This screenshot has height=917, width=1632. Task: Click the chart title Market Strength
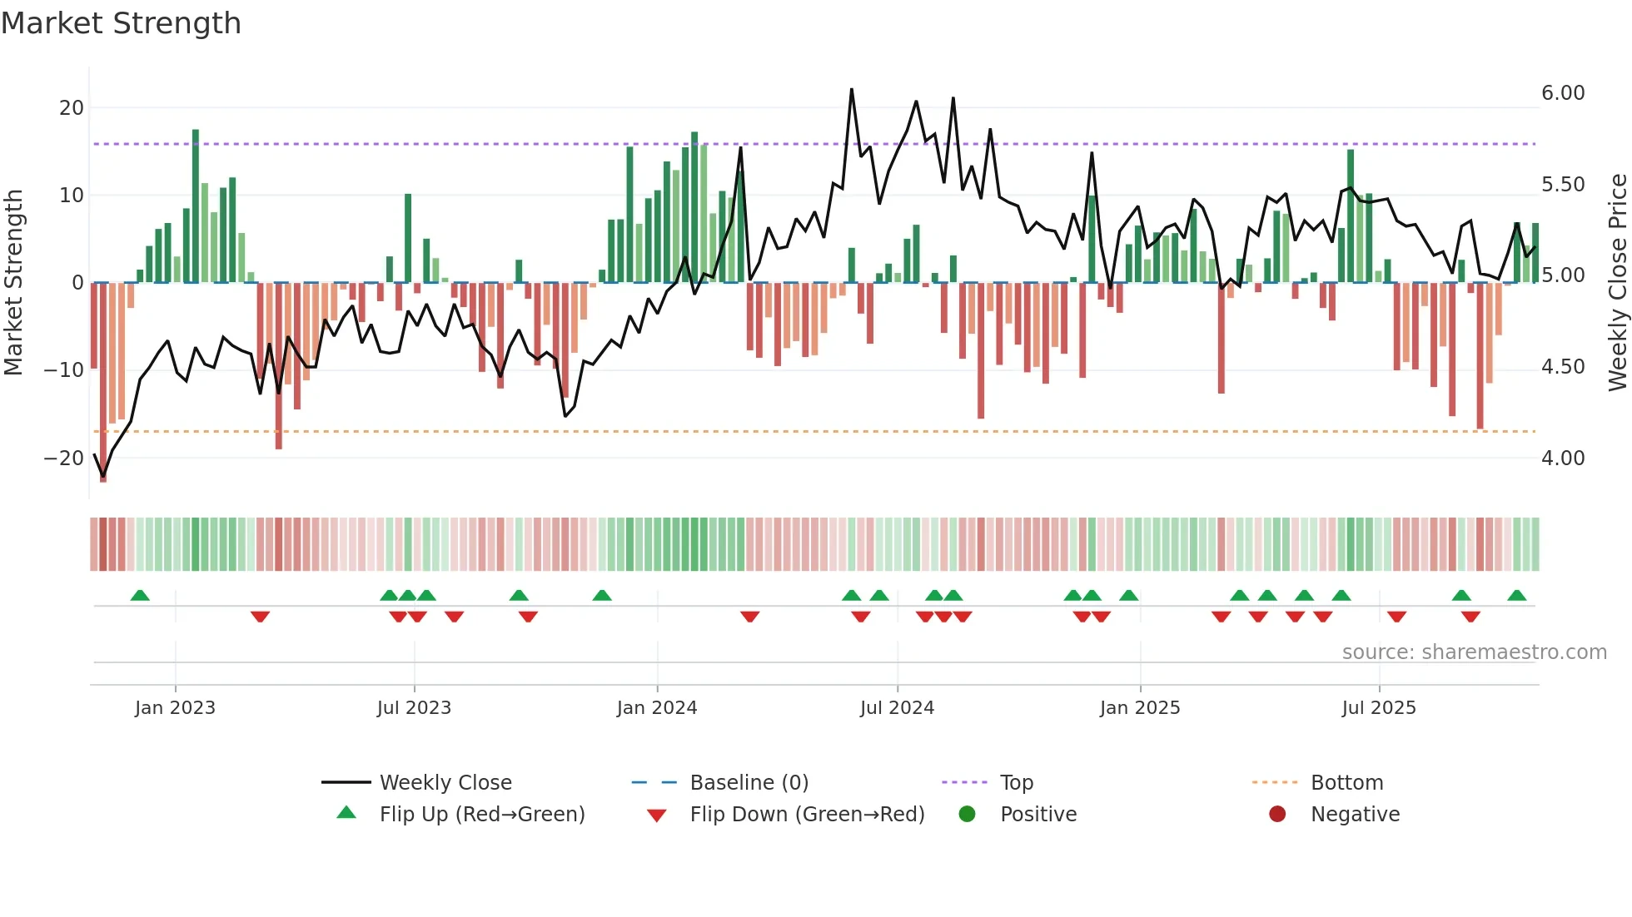121,23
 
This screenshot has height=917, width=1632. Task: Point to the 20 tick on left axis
71,108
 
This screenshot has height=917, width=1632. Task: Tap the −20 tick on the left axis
63,458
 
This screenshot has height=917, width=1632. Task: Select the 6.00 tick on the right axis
1563,93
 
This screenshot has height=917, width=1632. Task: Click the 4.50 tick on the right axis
1563,367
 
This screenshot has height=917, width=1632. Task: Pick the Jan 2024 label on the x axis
657,708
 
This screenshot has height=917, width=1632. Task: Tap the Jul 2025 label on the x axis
1379,708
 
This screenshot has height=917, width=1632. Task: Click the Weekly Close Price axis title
1617,283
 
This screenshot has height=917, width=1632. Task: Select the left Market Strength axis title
14,283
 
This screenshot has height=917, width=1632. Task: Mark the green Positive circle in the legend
967,815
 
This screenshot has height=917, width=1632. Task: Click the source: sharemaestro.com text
1474,652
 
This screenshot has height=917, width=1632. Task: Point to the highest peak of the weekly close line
851,89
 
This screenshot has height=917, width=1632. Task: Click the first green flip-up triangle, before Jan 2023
140,596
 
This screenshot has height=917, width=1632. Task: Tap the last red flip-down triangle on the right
1470,617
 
